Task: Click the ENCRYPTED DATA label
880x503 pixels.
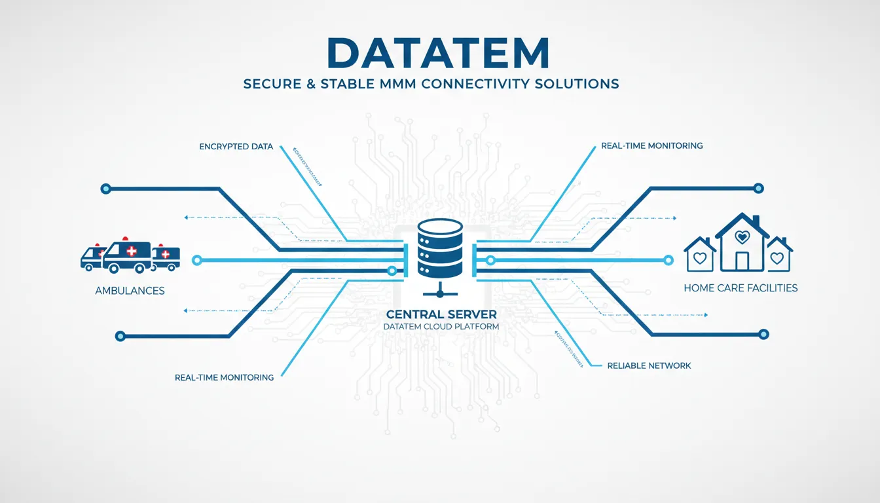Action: click(x=236, y=147)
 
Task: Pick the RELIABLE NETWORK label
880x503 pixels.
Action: click(x=649, y=365)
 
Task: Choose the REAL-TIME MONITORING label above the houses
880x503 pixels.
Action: click(x=651, y=145)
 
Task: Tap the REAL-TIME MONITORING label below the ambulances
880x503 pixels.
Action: click(x=224, y=378)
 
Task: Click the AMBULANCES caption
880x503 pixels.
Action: click(x=130, y=290)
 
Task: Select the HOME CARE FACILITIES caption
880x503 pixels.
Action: click(x=741, y=288)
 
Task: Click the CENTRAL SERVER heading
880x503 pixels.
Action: click(x=441, y=314)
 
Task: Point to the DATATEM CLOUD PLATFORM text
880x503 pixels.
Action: click(x=441, y=326)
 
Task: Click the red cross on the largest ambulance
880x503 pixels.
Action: click(x=131, y=251)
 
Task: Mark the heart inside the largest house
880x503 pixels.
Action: click(x=742, y=236)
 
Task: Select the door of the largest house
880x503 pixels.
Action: click(x=742, y=261)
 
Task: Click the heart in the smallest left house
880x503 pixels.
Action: click(x=700, y=258)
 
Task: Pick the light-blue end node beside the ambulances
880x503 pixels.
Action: click(x=196, y=261)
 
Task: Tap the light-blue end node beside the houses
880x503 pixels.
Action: click(x=668, y=260)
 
